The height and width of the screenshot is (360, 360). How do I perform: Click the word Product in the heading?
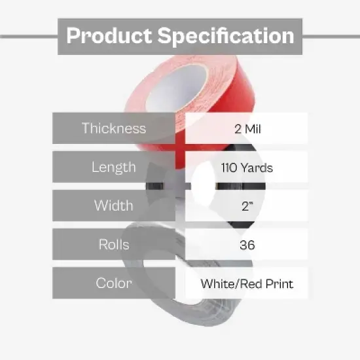pos(107,35)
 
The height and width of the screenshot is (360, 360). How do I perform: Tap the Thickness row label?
pos(114,128)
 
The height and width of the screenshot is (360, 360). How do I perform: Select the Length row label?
pos(114,167)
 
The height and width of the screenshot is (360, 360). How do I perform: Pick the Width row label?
pos(114,206)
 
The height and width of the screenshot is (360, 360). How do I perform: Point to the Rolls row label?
pos(114,245)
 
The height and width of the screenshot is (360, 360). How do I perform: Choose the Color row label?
pos(114,283)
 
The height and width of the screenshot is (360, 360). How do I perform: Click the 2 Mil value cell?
pos(246,128)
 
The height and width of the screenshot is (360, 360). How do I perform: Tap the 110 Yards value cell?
pos(246,168)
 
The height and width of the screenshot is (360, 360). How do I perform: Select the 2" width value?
pos(246,206)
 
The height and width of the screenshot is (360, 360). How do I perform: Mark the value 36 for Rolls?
pos(246,245)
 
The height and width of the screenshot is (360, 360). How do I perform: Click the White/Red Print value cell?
pos(246,283)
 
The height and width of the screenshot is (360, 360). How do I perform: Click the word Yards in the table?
pos(257,168)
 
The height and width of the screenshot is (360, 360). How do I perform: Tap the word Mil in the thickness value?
pos(252,128)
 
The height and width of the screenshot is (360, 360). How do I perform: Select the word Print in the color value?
pos(278,283)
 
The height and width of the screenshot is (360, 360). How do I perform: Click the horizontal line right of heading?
pos(331,36)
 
